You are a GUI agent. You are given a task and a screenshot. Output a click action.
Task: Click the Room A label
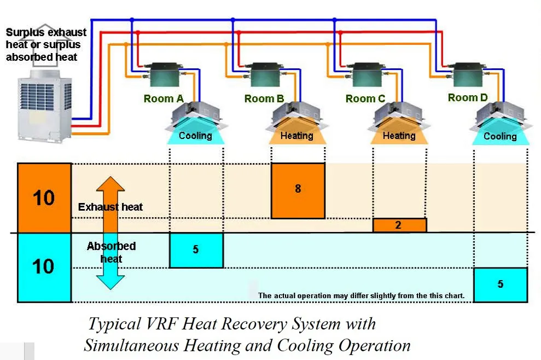[x=164, y=98]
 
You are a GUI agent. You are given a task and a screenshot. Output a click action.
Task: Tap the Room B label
[x=264, y=98]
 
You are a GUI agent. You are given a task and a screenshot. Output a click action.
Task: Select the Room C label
[x=365, y=98]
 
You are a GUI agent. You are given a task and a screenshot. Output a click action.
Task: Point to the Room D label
[x=468, y=98]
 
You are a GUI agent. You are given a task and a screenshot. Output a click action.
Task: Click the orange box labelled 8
[x=298, y=191]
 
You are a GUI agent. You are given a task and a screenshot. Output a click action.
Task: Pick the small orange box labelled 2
[x=399, y=225]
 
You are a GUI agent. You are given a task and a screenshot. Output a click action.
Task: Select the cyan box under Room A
[x=196, y=250]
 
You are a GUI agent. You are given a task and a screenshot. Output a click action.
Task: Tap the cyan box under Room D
[x=501, y=285]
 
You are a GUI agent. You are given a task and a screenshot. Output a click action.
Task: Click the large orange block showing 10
[x=44, y=198]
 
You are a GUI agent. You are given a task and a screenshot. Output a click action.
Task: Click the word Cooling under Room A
[x=195, y=136]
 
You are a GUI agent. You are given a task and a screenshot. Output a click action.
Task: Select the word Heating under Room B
[x=296, y=136]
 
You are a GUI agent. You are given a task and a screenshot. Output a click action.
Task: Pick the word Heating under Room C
[x=399, y=136]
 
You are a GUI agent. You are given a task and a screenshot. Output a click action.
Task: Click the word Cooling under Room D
[x=500, y=136]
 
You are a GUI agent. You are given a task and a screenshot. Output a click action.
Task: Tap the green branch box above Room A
[x=165, y=75]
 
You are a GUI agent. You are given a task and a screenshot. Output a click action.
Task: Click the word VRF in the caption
[x=162, y=324]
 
